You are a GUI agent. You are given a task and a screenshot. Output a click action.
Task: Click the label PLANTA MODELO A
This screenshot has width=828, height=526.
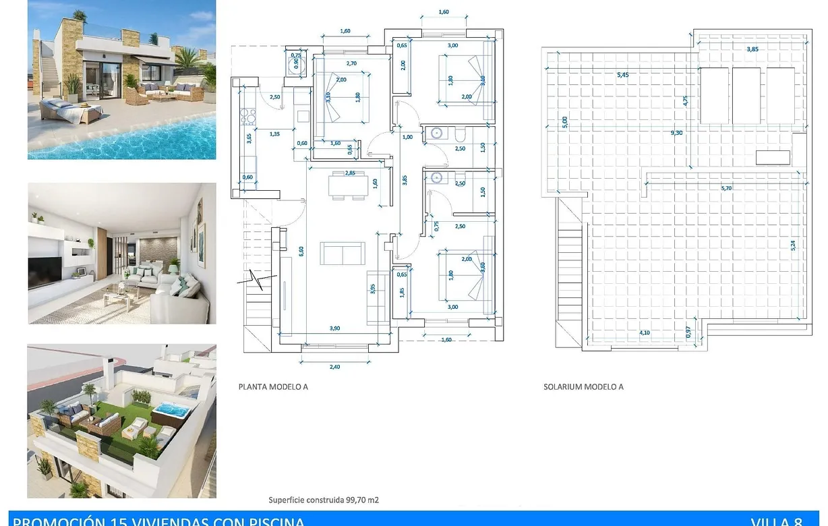[x=273, y=387]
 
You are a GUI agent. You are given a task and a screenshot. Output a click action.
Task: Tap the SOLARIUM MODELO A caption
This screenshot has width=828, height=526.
[x=583, y=387]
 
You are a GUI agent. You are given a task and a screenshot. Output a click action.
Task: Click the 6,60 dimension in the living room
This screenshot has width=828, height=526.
[x=301, y=251]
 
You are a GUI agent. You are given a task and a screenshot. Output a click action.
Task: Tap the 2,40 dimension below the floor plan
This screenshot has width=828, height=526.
[x=334, y=366]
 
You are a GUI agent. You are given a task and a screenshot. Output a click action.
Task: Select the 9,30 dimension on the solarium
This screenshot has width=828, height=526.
[x=676, y=133]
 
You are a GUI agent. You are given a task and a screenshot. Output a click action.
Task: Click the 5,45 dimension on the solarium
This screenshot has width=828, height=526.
[x=622, y=75]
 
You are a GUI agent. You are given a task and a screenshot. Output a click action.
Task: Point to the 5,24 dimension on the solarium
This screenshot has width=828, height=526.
[x=793, y=245]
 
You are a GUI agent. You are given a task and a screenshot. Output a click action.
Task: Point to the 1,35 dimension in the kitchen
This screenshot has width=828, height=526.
[x=274, y=134]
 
